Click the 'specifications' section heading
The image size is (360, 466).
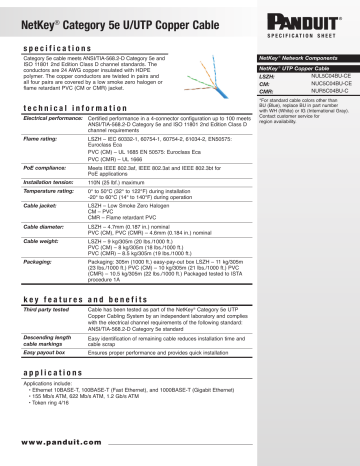click(56, 46)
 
